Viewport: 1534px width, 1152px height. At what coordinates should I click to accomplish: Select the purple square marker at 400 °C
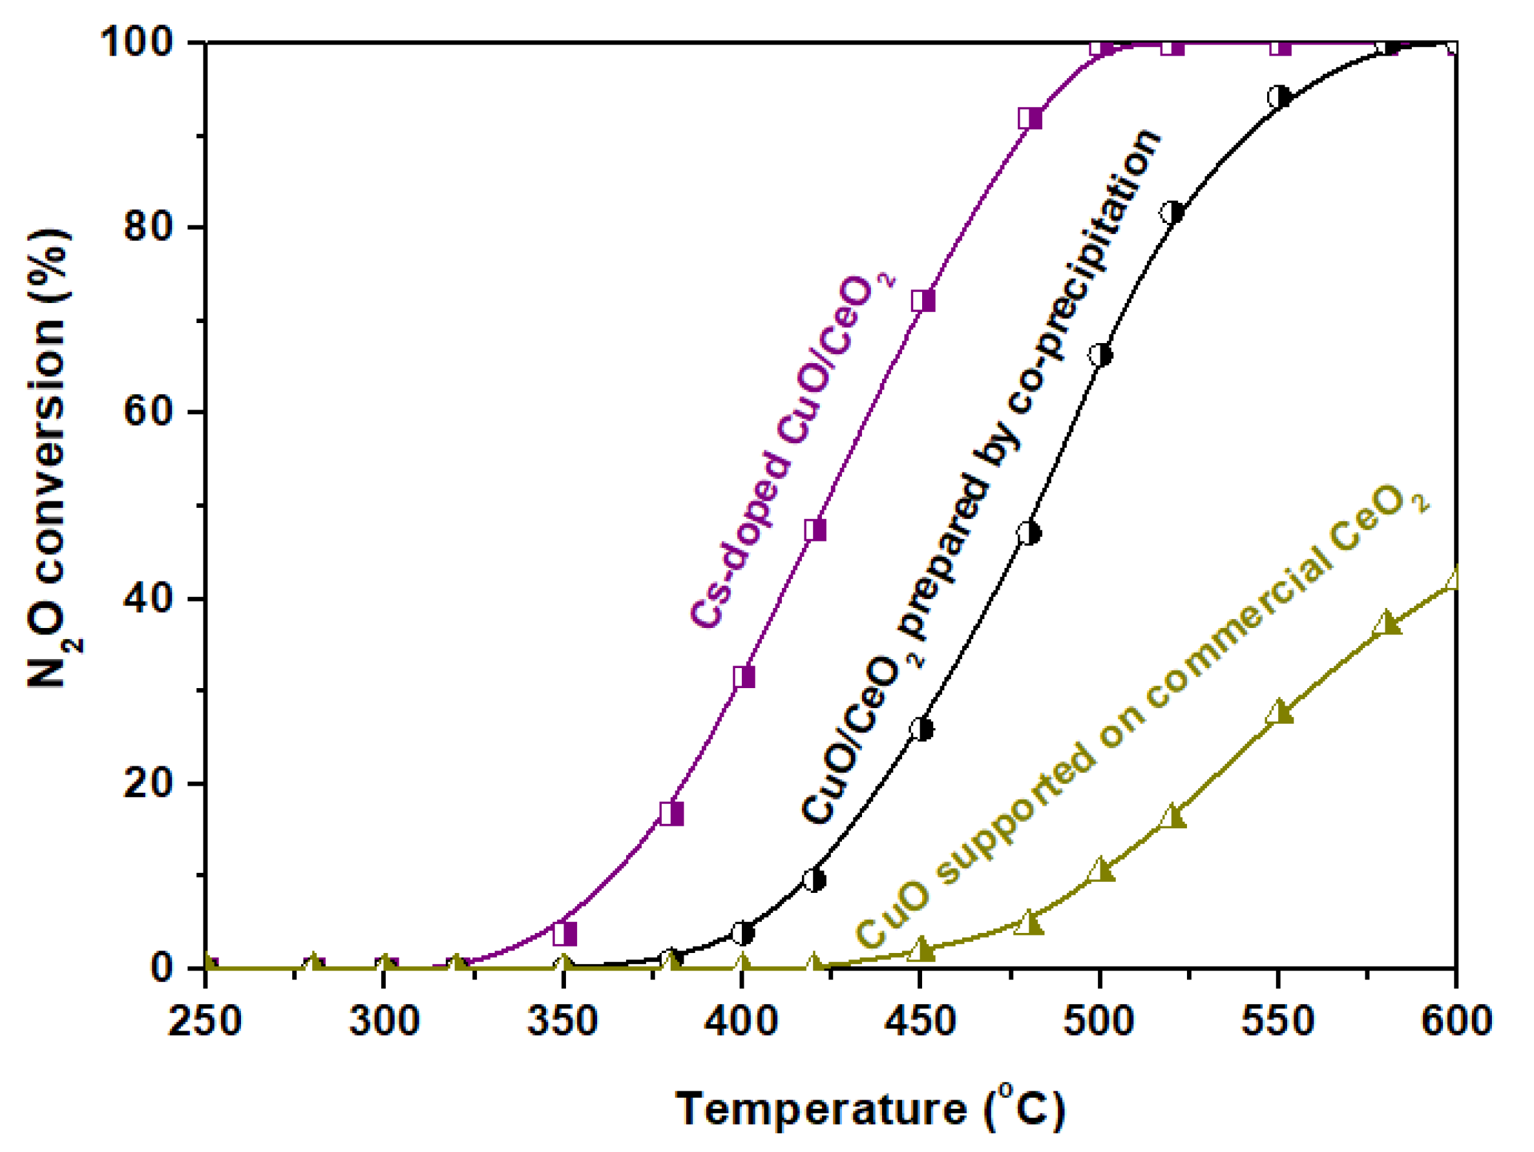pyautogui.click(x=744, y=677)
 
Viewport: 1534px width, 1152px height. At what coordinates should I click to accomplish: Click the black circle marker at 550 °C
pyautogui.click(x=1279, y=97)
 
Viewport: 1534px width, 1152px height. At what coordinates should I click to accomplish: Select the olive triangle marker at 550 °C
pyautogui.click(x=1279, y=714)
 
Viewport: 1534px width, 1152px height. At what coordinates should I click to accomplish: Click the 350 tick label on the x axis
pyautogui.click(x=562, y=1021)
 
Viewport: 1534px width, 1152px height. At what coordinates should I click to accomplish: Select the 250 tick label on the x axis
pyautogui.click(x=205, y=1021)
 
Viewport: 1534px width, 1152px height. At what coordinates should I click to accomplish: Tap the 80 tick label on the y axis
pyautogui.click(x=148, y=227)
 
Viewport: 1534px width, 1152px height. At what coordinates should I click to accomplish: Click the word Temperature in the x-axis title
pyautogui.click(x=821, y=1108)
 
